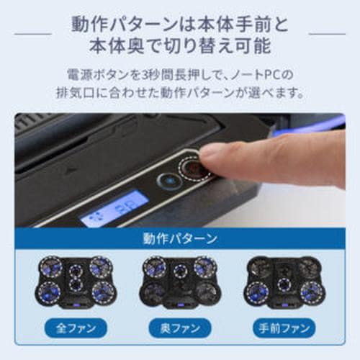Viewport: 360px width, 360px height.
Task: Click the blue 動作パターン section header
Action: [x=180, y=238]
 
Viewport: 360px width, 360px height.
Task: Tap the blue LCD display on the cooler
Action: [x=114, y=208]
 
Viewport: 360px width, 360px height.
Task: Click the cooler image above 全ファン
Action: [x=76, y=281]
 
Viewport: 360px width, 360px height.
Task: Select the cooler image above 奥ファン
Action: [x=179, y=281]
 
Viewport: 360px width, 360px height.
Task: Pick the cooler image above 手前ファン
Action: [x=284, y=281]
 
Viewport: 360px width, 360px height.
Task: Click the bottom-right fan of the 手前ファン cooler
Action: [x=310, y=292]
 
